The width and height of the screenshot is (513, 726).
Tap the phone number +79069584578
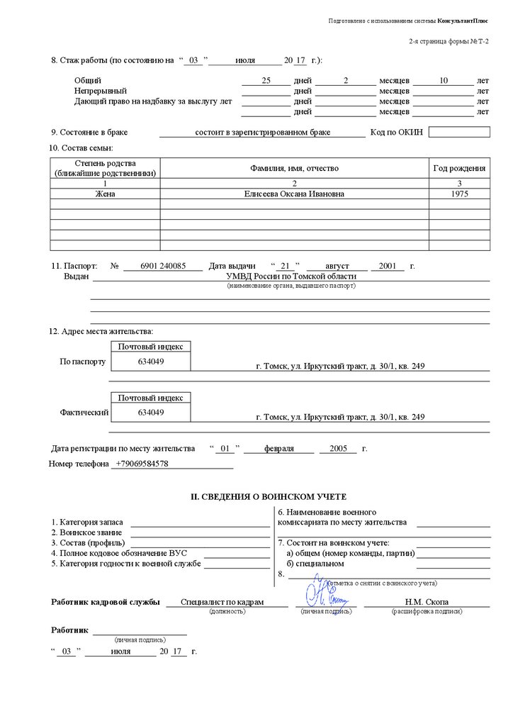tap(142, 464)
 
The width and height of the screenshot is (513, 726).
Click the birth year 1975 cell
tap(460, 194)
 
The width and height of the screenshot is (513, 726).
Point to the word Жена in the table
tap(105, 194)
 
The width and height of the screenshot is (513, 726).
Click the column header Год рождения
tap(459, 168)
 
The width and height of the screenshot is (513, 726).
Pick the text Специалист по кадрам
tap(222, 602)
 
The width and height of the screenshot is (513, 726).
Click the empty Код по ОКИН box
tap(458, 132)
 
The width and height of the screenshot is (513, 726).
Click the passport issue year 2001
tap(387, 267)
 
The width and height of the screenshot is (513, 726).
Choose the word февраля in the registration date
tap(278, 449)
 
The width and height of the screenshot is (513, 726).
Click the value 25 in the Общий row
tap(266, 81)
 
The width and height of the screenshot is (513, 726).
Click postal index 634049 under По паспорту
tap(151, 362)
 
